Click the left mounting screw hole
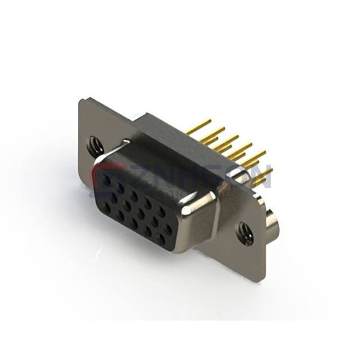point(95,144)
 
